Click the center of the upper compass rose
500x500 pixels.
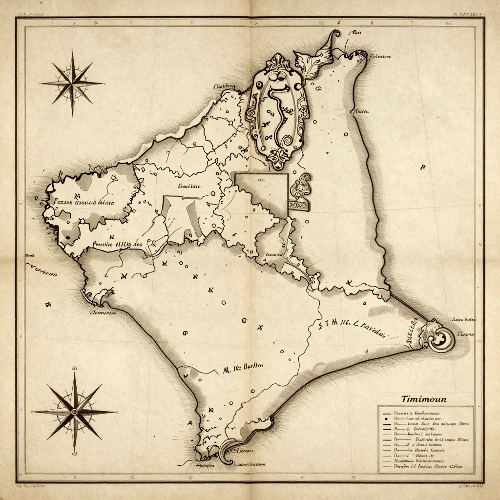[x=72, y=83]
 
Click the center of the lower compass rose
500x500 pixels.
[x=74, y=412]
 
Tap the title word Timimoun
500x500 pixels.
[x=423, y=399]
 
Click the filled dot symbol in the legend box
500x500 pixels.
[x=386, y=419]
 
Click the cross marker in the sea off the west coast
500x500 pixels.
[x=48, y=304]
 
